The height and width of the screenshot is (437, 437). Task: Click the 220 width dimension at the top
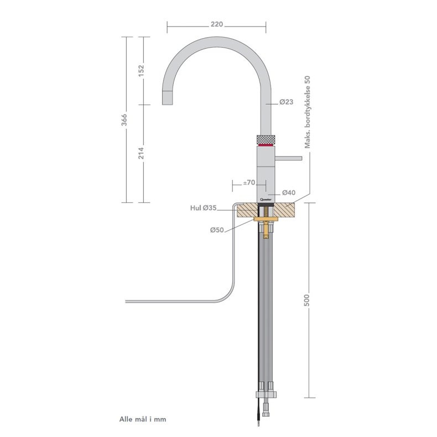(x=217, y=24)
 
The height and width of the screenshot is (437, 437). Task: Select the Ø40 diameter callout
(x=288, y=193)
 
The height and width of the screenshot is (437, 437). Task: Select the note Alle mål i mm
(x=142, y=419)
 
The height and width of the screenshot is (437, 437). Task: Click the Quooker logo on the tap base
(x=266, y=198)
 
